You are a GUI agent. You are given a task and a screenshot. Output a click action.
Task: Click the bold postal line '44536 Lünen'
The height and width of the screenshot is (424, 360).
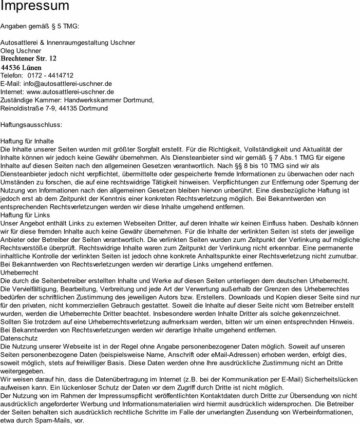point(21,67)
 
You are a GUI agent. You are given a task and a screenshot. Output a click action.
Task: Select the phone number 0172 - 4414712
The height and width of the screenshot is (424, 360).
point(54,75)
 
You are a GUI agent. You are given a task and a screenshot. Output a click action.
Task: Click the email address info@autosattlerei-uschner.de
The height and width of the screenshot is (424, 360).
point(67,84)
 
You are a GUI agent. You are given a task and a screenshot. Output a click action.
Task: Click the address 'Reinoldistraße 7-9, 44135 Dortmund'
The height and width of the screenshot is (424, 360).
point(54,108)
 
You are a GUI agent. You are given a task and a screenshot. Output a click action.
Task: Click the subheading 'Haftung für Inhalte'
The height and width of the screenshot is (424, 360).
point(28,141)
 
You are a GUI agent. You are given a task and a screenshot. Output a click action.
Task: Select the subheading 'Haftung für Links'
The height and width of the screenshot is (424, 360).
point(25,215)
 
